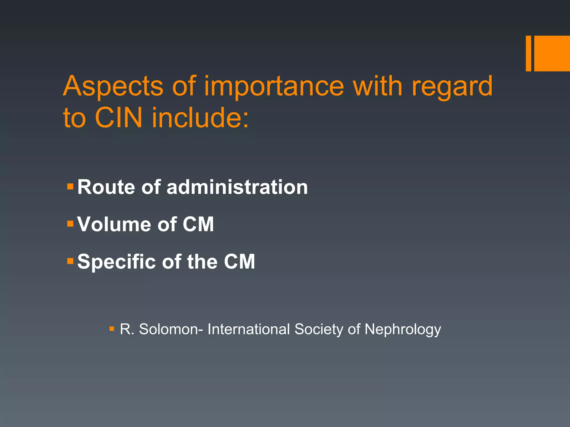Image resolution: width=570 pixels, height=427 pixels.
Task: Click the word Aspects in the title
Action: [113, 86]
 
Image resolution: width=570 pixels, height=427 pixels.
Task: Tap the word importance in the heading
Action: [274, 86]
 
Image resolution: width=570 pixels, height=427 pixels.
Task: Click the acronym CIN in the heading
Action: [119, 118]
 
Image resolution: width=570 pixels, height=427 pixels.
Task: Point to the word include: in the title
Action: [200, 118]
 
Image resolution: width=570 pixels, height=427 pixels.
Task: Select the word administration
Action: [237, 187]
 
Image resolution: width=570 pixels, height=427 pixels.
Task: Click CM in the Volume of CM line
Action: [198, 224]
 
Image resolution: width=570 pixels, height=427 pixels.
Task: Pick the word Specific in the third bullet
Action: [117, 262]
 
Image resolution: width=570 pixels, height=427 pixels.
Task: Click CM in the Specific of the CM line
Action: [239, 262]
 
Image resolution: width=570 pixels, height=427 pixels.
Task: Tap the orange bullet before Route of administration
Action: [70, 186]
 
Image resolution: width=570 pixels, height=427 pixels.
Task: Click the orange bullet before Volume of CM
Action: [70, 224]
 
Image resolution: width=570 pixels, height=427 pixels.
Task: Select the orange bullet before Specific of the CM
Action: [70, 261]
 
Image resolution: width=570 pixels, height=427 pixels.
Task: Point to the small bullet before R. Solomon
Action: [112, 329]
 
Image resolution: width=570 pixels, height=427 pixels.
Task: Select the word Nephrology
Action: [403, 330]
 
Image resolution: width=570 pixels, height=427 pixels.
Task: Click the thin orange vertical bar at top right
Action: [528, 53]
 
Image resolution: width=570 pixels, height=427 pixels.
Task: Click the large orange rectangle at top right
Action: [552, 53]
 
